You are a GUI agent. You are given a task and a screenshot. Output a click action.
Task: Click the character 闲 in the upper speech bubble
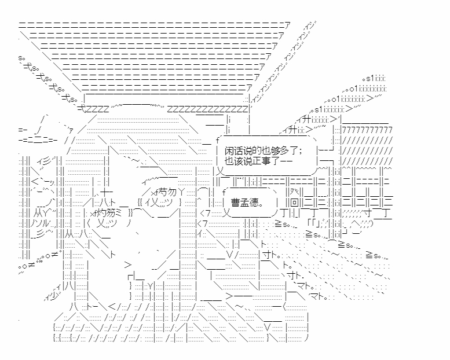[229, 151]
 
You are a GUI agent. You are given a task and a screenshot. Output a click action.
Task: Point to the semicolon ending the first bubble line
[299, 152]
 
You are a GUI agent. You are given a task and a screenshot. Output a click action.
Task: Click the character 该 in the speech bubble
[236, 161]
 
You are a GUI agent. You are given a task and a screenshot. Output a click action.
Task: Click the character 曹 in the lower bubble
[235, 203]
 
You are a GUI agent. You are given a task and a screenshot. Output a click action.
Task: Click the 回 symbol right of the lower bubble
[294, 203]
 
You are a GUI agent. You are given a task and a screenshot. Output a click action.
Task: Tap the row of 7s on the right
[367, 130]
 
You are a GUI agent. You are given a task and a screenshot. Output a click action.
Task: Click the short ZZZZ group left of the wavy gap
[97, 109]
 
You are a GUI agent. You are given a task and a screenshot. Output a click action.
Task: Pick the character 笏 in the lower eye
[110, 213]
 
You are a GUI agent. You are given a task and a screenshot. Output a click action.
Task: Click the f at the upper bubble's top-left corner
[218, 140]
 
